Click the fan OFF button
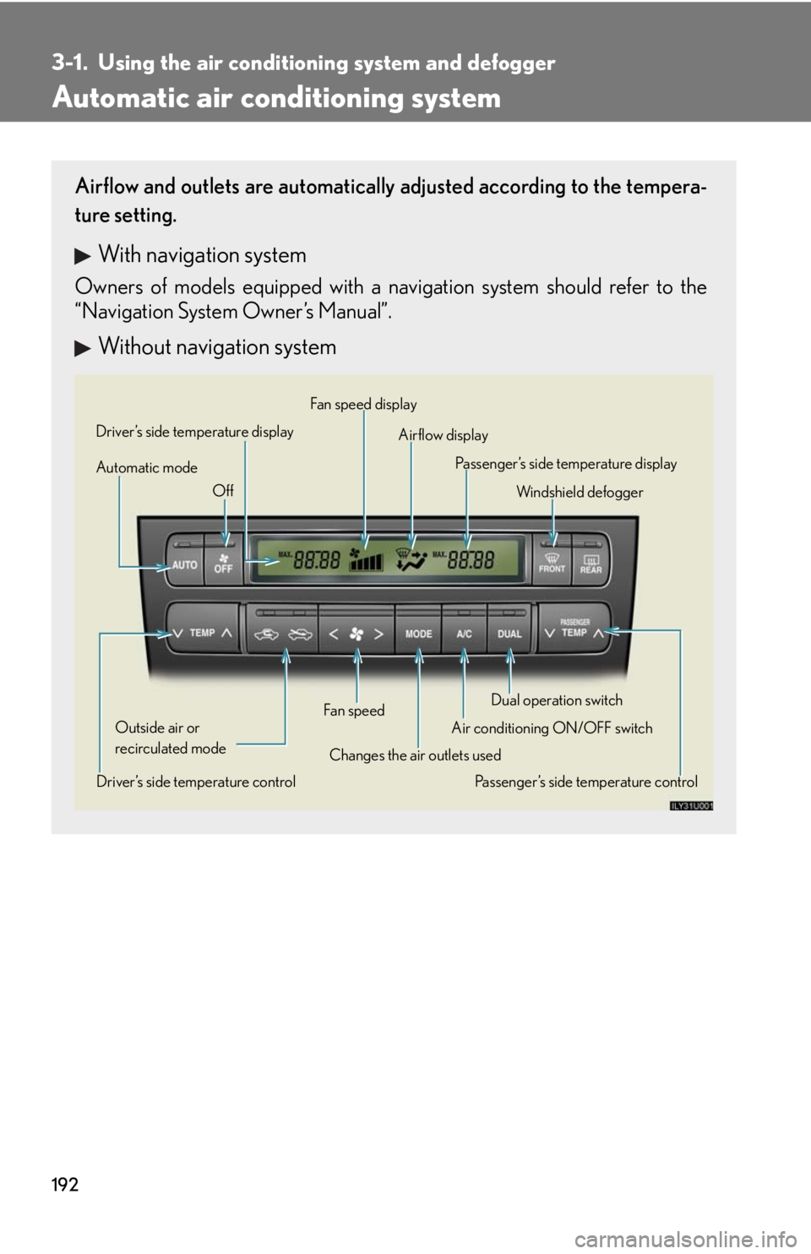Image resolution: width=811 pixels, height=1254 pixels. pyautogui.click(x=223, y=562)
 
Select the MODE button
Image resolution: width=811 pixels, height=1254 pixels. pyautogui.click(x=418, y=633)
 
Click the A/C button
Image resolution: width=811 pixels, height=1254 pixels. pyautogui.click(x=464, y=633)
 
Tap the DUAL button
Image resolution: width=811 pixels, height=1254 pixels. pyautogui.click(x=509, y=633)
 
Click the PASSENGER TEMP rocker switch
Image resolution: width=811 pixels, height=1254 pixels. pyautogui.click(x=574, y=630)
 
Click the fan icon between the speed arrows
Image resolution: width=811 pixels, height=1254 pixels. pyautogui.click(x=357, y=633)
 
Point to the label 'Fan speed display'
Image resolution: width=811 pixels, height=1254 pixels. pyautogui.click(x=363, y=404)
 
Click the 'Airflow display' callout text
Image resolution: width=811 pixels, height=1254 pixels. pyautogui.click(x=443, y=435)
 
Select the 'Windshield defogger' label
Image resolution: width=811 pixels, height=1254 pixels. pyautogui.click(x=580, y=492)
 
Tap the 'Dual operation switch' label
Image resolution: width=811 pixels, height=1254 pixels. pyautogui.click(x=557, y=700)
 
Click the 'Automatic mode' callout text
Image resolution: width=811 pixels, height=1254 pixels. pyautogui.click(x=147, y=467)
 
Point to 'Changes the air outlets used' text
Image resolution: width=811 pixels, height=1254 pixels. pyautogui.click(x=415, y=755)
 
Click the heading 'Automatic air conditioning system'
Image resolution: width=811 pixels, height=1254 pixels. pyautogui.click(x=276, y=98)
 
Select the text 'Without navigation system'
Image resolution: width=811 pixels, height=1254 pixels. pyautogui.click(x=217, y=346)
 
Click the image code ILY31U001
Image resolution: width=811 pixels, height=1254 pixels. pyautogui.click(x=691, y=805)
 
